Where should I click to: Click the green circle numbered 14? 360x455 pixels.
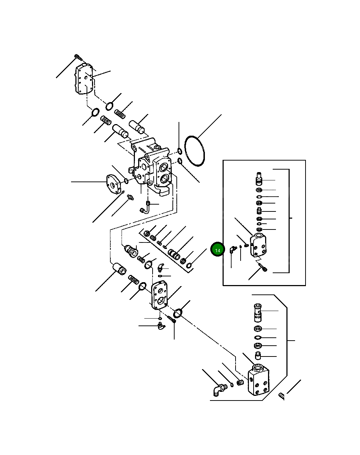tap(218, 250)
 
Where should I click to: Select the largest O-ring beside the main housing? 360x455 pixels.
tap(195, 151)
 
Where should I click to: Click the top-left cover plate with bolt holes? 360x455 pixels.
tap(84, 80)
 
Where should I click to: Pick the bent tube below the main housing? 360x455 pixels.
tap(145, 207)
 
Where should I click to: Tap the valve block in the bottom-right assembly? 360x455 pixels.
tap(259, 381)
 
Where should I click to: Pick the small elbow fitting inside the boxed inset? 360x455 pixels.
tap(232, 249)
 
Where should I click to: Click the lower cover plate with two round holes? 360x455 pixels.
tap(158, 296)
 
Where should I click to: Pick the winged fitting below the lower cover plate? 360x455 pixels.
tap(160, 327)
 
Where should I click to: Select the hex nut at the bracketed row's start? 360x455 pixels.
tap(146, 233)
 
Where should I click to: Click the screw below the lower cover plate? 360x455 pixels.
tap(172, 319)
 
